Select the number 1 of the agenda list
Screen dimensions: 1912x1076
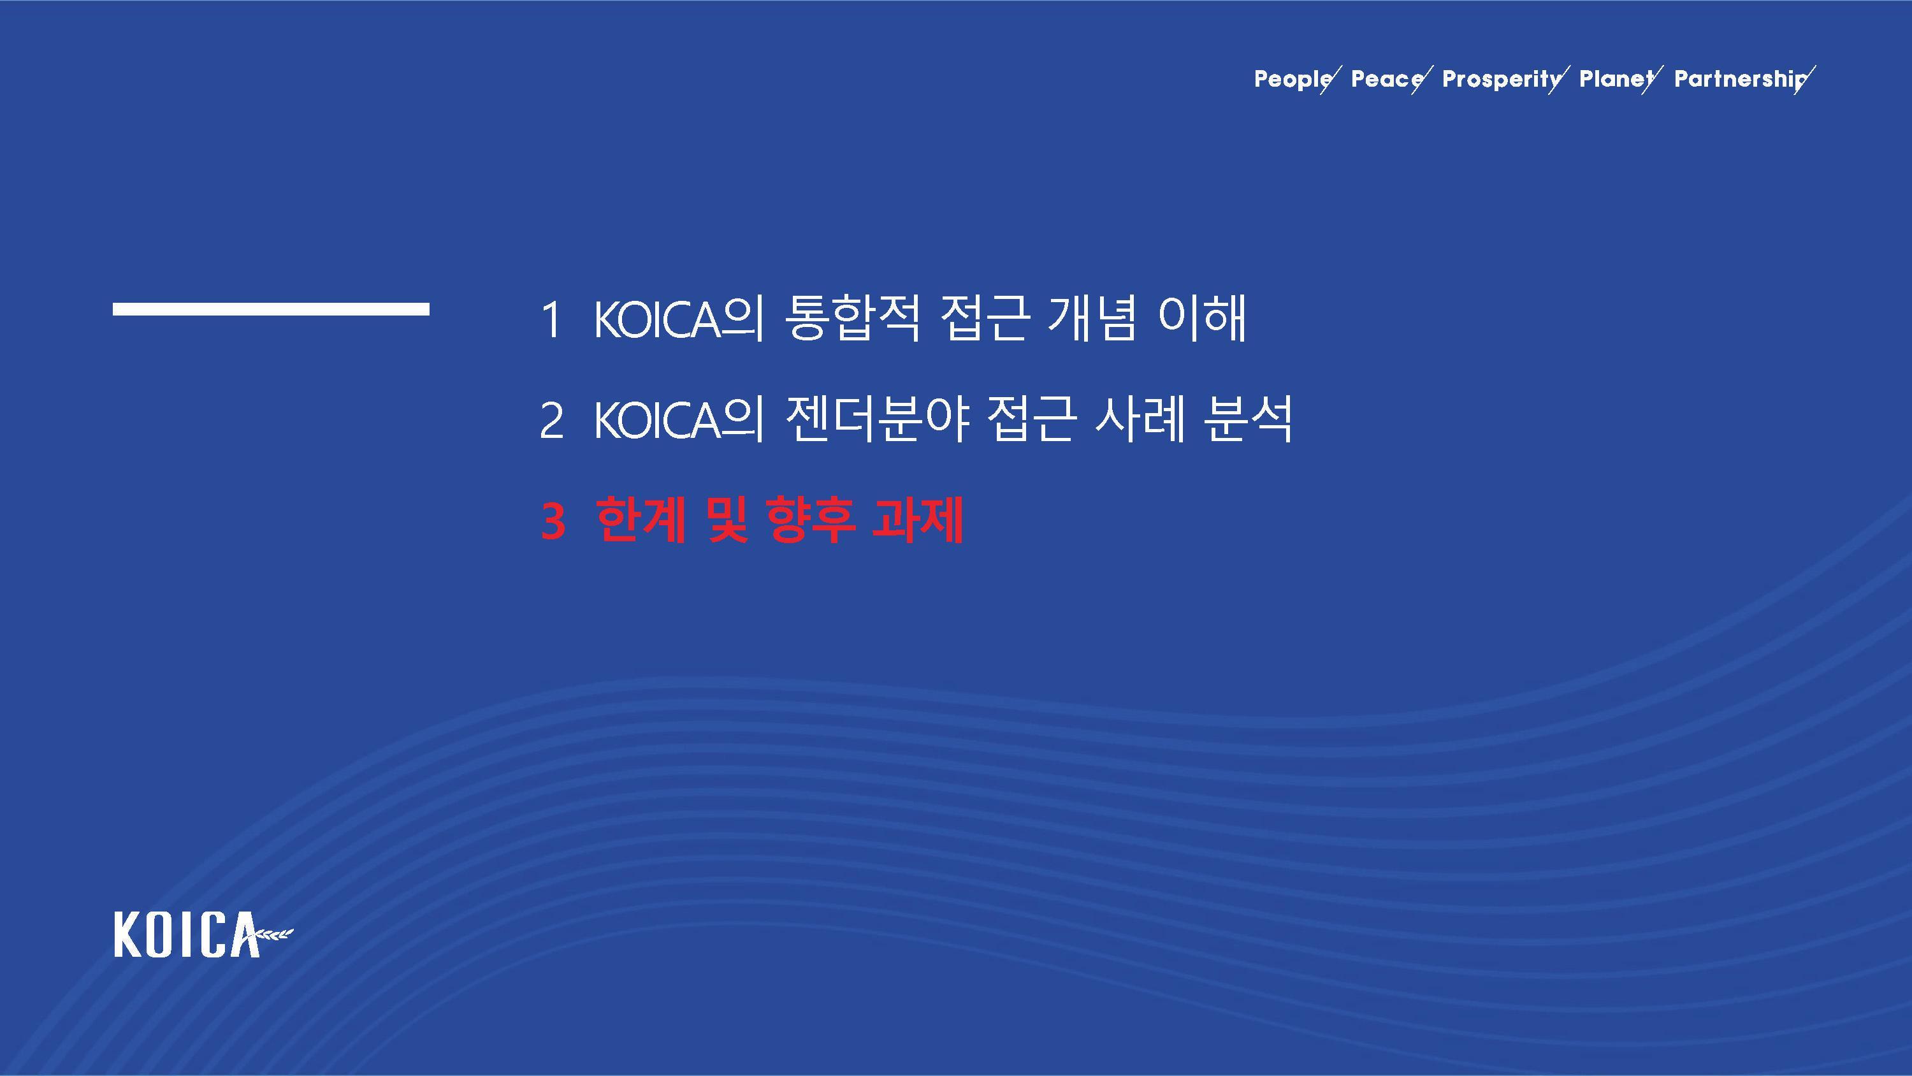551,320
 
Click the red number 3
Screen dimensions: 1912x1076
553,521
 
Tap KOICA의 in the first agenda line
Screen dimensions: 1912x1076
678,319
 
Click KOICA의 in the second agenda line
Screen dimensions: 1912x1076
678,419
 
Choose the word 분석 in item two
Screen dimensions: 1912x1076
1248,419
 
